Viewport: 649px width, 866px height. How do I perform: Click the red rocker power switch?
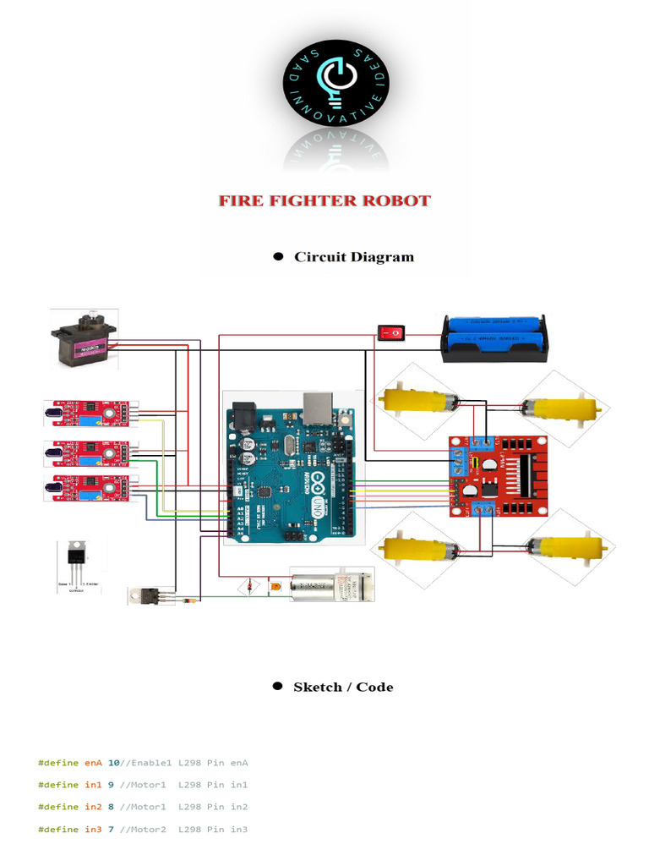(390, 333)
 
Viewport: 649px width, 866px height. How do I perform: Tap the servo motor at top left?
(82, 340)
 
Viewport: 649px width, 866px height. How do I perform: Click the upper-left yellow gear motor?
(417, 400)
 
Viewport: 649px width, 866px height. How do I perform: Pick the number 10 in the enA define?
(113, 763)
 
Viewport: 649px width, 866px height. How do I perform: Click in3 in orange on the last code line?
(93, 830)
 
